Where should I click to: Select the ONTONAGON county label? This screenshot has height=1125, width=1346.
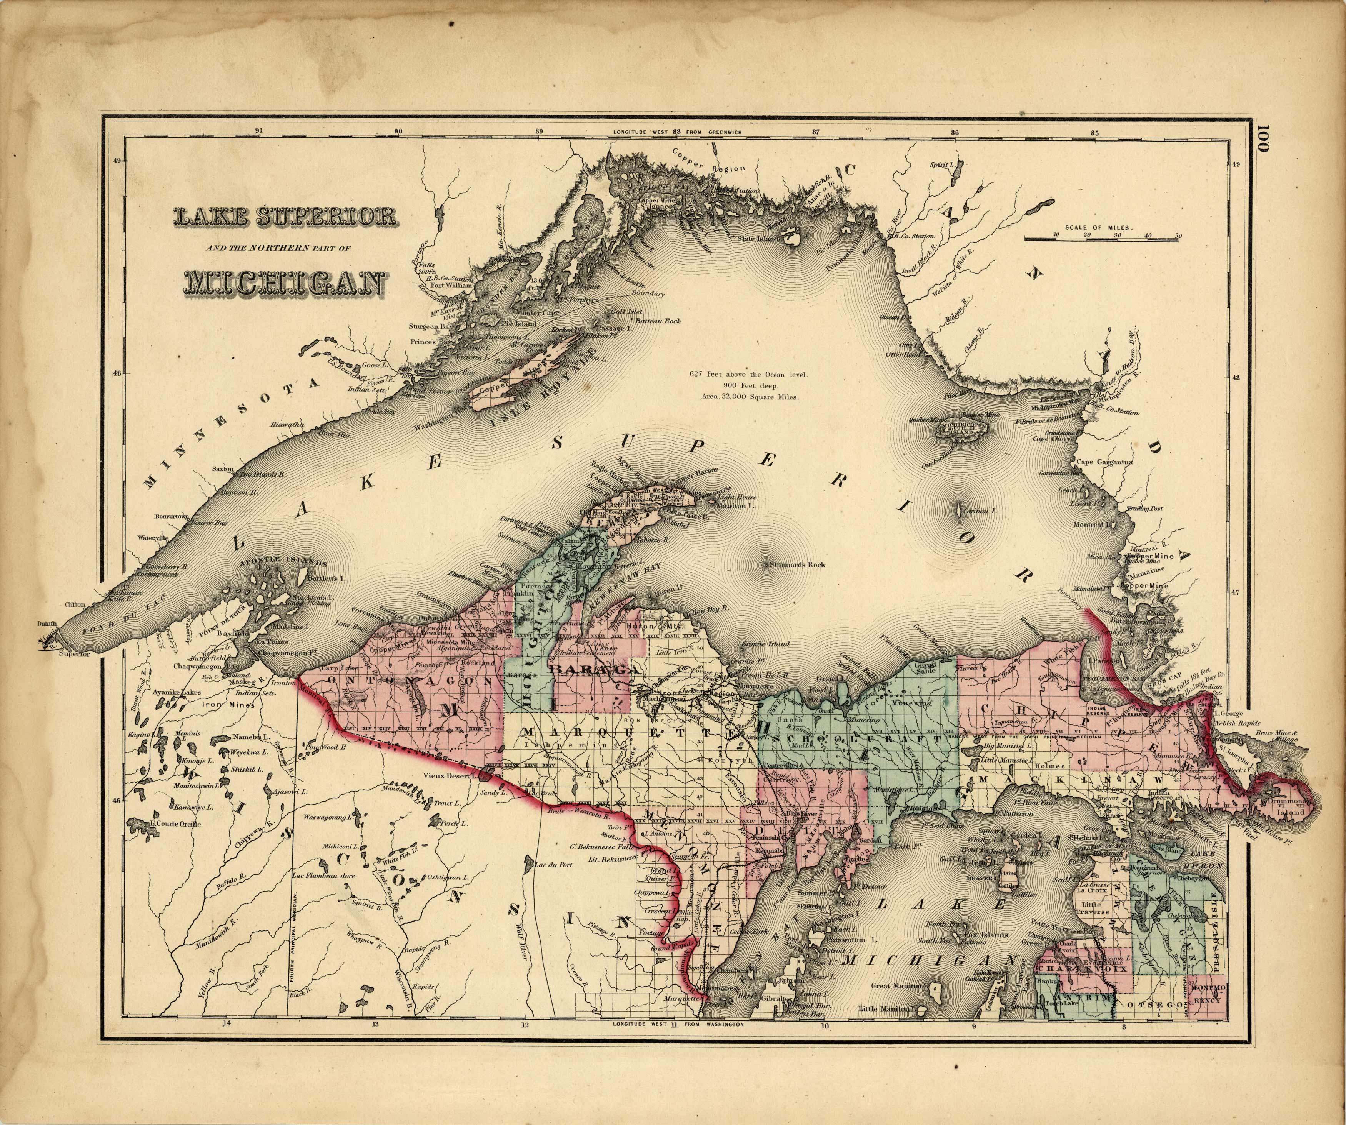(x=391, y=682)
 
